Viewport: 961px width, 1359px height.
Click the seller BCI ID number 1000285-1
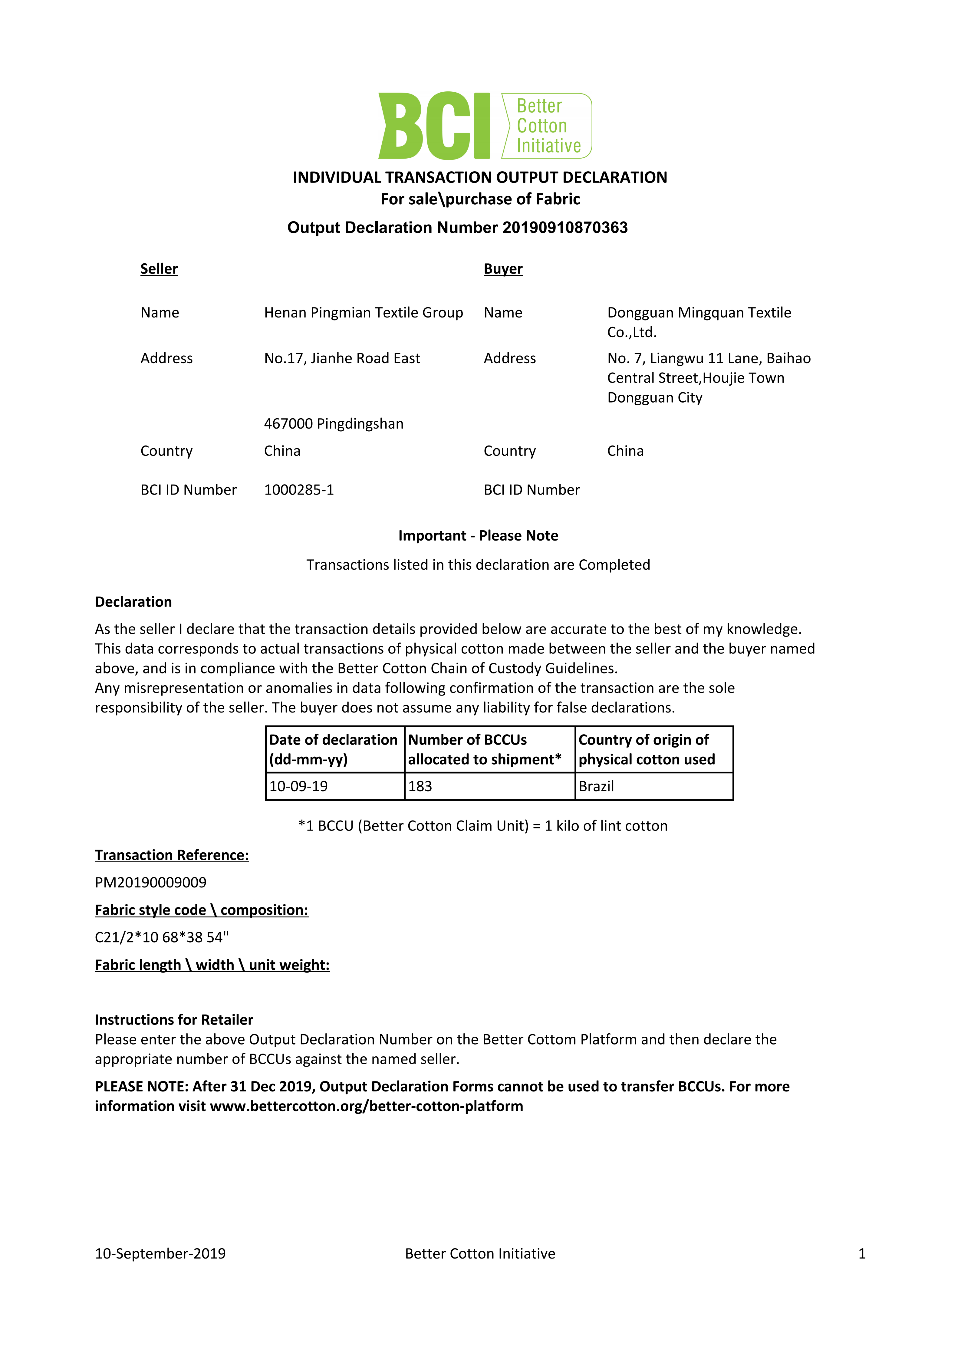(299, 490)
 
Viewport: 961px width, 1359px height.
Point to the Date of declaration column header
(333, 749)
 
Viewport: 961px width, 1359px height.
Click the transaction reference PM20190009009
(150, 883)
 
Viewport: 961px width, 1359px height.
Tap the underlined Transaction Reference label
(172, 855)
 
